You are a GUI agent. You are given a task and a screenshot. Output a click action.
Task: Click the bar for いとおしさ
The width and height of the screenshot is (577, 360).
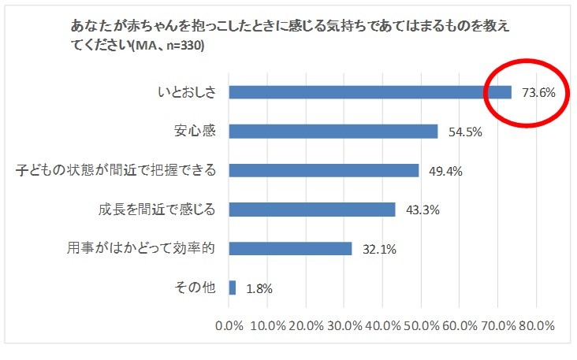click(370, 92)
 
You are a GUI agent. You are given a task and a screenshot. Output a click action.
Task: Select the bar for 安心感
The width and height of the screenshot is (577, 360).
click(333, 132)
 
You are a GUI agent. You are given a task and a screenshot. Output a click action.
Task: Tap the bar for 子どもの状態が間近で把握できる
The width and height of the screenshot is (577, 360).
click(323, 170)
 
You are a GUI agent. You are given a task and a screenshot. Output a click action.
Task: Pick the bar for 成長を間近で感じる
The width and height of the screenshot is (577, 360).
click(312, 210)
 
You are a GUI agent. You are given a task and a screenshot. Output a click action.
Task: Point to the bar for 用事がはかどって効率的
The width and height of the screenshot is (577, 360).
click(290, 249)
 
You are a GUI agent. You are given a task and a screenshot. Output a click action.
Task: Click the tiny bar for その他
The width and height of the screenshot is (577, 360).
click(233, 288)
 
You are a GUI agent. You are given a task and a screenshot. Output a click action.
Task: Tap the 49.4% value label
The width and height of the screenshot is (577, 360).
click(445, 171)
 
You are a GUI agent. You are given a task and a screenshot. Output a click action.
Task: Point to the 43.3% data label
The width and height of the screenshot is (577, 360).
click(422, 210)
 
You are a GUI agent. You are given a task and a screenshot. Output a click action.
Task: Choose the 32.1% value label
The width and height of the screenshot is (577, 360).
click(379, 250)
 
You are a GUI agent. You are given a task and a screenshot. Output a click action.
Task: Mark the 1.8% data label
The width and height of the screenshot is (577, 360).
click(259, 289)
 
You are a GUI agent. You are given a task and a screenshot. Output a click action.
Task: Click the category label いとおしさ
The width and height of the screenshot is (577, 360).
click(186, 92)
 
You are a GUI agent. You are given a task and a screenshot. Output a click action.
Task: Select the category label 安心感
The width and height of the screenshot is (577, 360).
click(194, 131)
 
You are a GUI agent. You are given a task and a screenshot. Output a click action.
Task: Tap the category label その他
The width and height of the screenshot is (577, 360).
click(194, 288)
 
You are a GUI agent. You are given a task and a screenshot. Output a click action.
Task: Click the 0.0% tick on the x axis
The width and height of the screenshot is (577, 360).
click(229, 325)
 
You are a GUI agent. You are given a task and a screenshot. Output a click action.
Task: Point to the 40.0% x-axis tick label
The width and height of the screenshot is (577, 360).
click(383, 325)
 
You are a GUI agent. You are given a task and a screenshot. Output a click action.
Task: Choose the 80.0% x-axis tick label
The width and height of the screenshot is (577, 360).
click(536, 325)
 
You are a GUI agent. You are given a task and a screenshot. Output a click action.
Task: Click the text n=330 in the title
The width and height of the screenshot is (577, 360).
click(184, 46)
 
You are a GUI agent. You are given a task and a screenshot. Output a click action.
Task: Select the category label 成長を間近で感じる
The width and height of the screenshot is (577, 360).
click(157, 210)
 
